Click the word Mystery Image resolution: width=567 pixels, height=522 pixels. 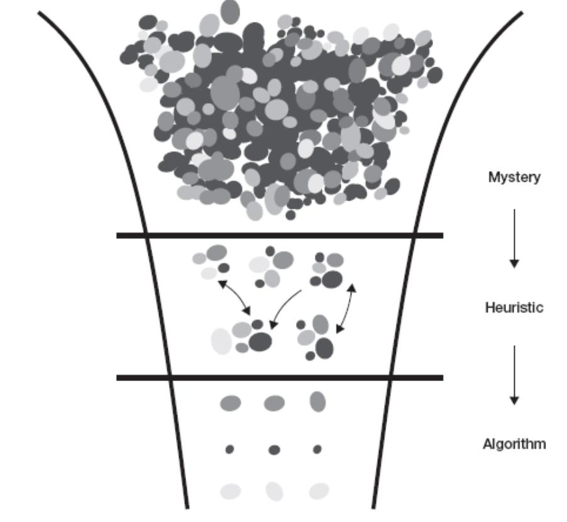(x=514, y=177)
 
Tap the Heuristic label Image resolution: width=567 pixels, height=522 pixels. (x=514, y=308)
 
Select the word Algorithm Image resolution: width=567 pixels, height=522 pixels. (x=514, y=444)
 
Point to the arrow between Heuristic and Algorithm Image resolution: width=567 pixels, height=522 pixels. (x=514, y=374)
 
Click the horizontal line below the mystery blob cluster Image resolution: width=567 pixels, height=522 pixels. (x=280, y=235)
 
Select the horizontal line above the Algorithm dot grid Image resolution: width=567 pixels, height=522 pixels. (x=280, y=377)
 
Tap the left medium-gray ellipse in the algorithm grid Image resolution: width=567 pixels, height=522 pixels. (x=230, y=403)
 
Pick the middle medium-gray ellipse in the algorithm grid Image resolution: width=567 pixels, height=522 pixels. (x=274, y=403)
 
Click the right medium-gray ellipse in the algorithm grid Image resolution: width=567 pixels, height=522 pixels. (x=317, y=401)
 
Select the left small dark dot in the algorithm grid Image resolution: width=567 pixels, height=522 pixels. (x=229, y=449)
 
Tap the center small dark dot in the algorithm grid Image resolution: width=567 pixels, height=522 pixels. (x=274, y=450)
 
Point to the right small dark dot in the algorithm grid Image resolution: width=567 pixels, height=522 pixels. (x=317, y=449)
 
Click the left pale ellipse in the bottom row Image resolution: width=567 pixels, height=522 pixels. (x=230, y=491)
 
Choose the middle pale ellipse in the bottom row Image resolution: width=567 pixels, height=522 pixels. (x=274, y=490)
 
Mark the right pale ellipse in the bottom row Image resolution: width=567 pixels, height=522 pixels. (x=318, y=491)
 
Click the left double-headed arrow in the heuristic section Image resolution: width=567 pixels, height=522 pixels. (x=234, y=297)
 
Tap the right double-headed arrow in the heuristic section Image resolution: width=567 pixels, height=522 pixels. (x=346, y=308)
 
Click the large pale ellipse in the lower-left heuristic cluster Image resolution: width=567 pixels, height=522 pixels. (x=221, y=341)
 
